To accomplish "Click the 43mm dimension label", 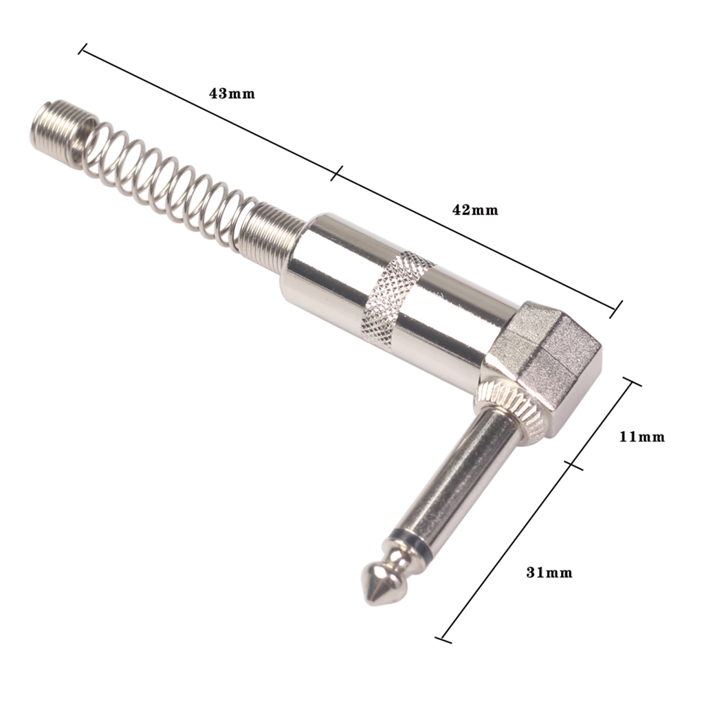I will (232, 93).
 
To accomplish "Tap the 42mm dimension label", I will (474, 210).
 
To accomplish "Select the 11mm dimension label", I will (642, 436).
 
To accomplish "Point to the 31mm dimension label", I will (549, 572).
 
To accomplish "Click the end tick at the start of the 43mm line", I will (83, 49).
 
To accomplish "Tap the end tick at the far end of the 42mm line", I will (617, 309).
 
